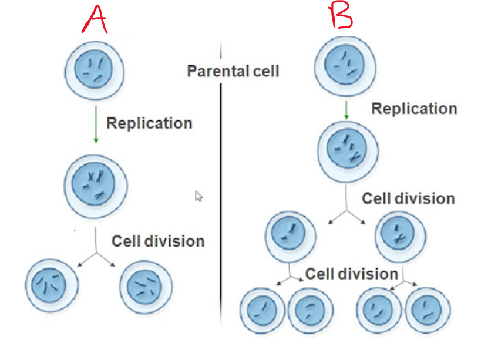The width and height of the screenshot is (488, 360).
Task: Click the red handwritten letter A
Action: coord(95,19)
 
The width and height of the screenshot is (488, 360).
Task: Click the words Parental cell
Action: coord(233,72)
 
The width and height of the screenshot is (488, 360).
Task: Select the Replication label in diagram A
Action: coord(149,123)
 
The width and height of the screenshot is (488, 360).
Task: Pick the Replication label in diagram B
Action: coord(414,109)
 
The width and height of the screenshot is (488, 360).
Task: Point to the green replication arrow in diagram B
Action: coord(346,110)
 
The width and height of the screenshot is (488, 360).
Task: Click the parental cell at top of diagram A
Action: coord(95,70)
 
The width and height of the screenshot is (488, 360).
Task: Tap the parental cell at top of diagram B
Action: coord(345,66)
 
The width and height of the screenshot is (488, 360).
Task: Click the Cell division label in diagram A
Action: coord(158,241)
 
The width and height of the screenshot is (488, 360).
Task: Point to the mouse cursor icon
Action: coord(198,196)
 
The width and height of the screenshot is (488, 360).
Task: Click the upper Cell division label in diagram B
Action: coord(408,198)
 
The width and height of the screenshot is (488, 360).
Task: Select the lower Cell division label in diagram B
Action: coord(352,274)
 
